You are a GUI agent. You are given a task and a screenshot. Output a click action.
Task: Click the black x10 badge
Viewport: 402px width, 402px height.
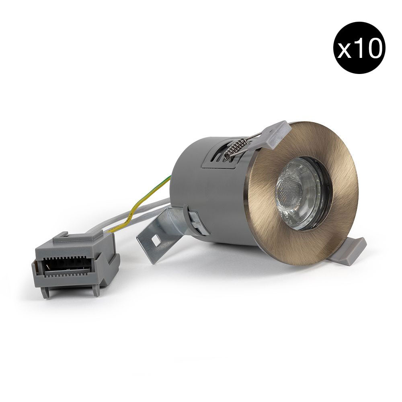(359, 48)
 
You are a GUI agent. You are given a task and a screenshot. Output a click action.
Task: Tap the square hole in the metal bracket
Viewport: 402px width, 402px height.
(155, 240)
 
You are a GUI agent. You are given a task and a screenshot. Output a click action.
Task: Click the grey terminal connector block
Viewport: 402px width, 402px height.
(76, 264)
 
